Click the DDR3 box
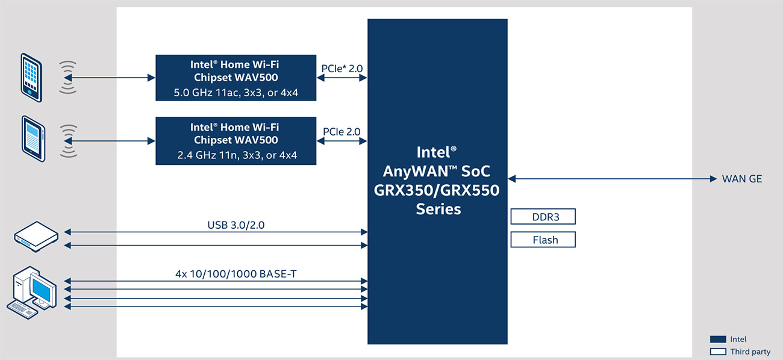[x=543, y=217]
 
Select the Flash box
[x=543, y=240]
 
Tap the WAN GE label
[x=742, y=179]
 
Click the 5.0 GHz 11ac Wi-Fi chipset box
[x=236, y=78]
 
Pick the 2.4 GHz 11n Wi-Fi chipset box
[x=236, y=141]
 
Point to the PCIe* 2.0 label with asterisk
[x=342, y=69]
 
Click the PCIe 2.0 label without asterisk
[x=342, y=132]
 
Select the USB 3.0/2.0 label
[x=236, y=225]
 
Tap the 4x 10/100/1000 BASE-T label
[x=236, y=274]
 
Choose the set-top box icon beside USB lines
[x=36, y=237]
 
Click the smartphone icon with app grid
[x=31, y=78]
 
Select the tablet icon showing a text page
[x=33, y=138]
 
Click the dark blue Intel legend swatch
[x=718, y=340]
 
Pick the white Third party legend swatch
[x=718, y=352]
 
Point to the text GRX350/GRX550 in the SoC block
[x=437, y=190]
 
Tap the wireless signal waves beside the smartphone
[x=68, y=78]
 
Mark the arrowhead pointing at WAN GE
[x=714, y=179]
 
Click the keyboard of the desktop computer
[x=22, y=309]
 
